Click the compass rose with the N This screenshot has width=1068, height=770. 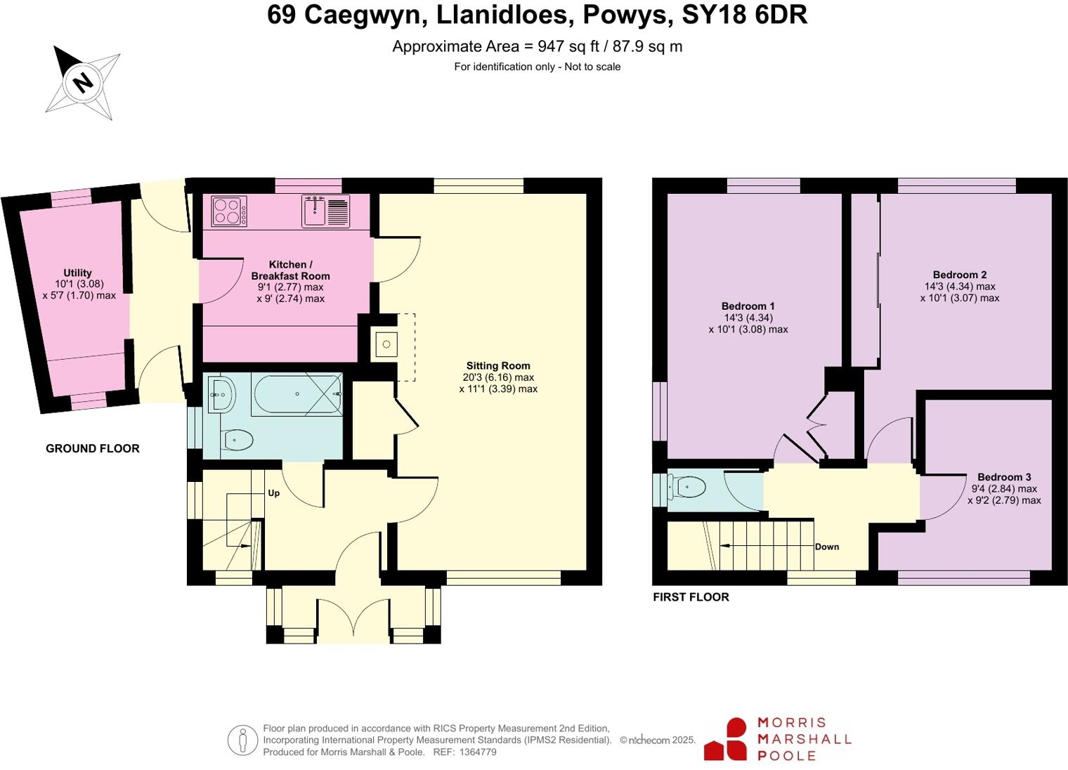[x=83, y=83]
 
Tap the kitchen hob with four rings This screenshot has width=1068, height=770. [x=229, y=211]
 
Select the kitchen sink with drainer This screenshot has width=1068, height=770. [x=325, y=211]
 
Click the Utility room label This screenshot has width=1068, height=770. [x=77, y=273]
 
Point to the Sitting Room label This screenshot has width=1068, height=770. [x=498, y=365]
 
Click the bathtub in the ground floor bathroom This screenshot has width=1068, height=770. [x=297, y=394]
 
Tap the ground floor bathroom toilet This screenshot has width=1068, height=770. [x=237, y=441]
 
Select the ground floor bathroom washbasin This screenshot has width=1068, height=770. [x=221, y=394]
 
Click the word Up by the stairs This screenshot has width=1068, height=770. [x=274, y=493]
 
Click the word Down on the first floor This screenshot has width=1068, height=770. [x=827, y=547]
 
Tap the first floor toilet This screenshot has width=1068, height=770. [x=687, y=486]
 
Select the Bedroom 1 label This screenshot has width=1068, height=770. [x=748, y=306]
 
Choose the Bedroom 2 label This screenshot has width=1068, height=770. [x=959, y=275]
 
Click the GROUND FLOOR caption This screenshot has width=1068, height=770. [x=93, y=448]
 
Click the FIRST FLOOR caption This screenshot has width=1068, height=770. [x=691, y=597]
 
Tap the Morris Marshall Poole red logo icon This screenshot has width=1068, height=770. [x=726, y=739]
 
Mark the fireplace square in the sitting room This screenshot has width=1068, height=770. [x=386, y=345]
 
